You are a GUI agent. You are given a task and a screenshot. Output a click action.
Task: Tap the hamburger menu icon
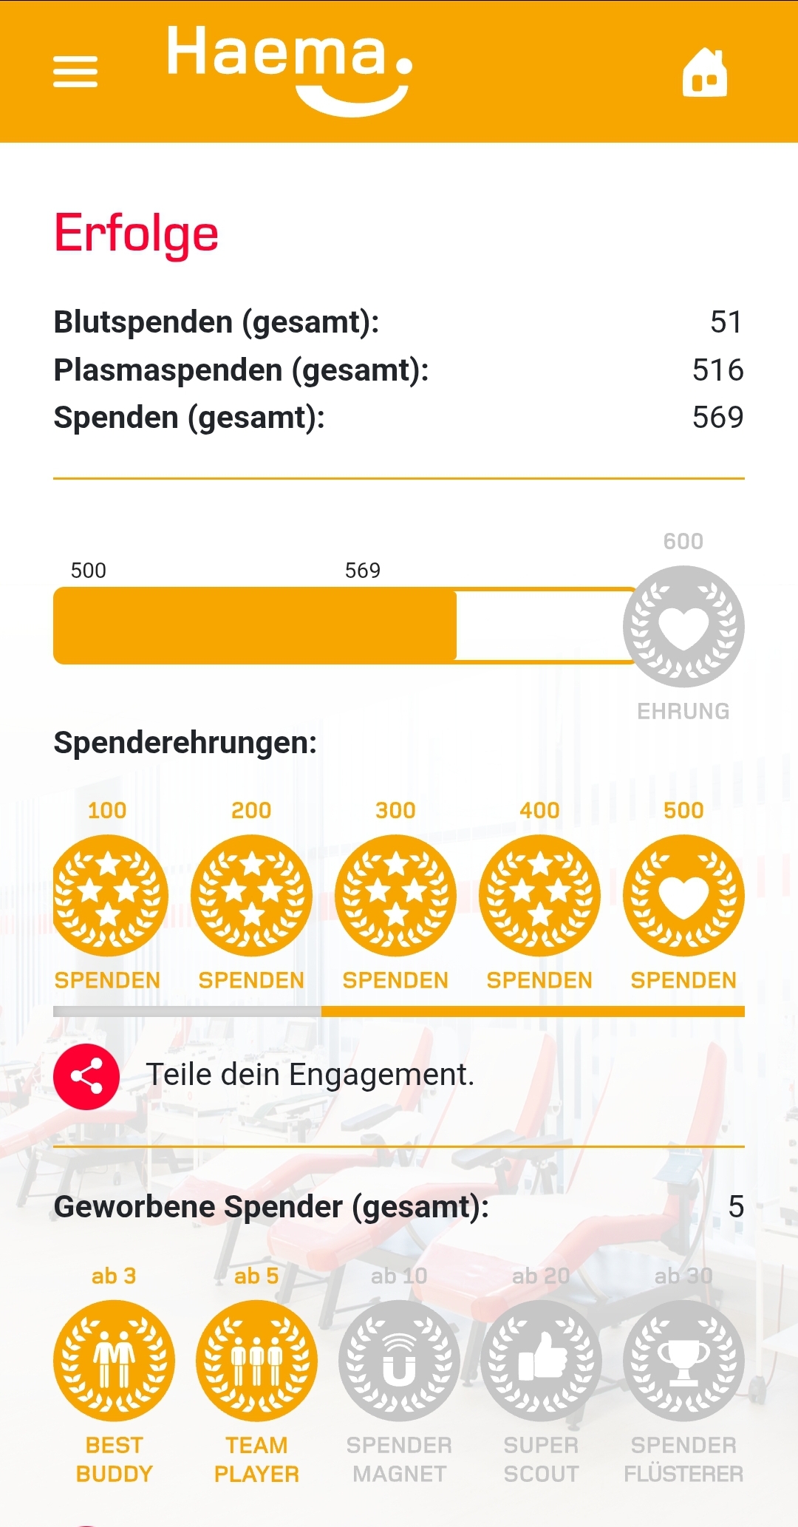[x=75, y=72]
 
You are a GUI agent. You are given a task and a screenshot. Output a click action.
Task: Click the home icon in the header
[x=705, y=72]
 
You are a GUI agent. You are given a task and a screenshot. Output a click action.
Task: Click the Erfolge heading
[x=137, y=234]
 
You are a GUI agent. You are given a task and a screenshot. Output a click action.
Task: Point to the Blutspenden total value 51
[x=726, y=322]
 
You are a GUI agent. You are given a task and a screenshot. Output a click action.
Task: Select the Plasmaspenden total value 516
[x=717, y=370]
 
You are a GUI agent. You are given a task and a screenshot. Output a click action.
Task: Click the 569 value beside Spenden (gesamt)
[x=717, y=418]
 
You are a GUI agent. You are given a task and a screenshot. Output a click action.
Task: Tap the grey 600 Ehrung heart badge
[x=683, y=627]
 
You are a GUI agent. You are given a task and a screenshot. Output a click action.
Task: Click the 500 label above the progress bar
[x=89, y=571]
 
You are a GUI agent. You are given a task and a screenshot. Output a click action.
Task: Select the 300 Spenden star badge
[x=395, y=896]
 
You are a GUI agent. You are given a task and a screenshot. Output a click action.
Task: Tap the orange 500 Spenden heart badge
[x=683, y=896]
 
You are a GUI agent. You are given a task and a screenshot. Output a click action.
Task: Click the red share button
[x=86, y=1077]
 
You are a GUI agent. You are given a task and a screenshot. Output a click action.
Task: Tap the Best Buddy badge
[x=114, y=1361]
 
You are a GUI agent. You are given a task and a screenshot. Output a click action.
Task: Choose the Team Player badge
[x=256, y=1361]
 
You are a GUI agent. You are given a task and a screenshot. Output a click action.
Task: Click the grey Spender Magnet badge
[x=399, y=1361]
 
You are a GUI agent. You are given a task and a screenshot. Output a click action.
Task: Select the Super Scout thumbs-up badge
[x=541, y=1361]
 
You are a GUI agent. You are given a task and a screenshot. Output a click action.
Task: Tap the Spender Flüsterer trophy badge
[x=683, y=1361]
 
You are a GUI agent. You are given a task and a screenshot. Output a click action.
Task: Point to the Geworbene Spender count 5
[x=736, y=1207]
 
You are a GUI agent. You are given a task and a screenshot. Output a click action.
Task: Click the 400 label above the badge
[x=539, y=811]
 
